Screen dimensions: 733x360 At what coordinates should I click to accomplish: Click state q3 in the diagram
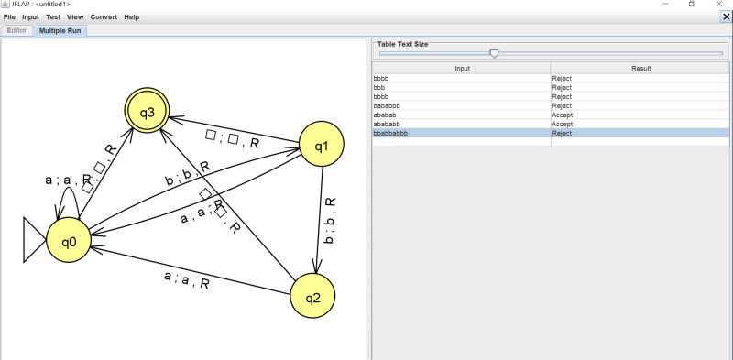(x=148, y=112)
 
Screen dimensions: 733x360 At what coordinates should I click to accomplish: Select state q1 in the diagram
(x=322, y=146)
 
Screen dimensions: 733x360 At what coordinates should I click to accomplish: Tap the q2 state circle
(x=312, y=296)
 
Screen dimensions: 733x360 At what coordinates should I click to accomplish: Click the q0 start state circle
(x=70, y=243)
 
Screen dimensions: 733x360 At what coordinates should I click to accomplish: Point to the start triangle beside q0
(x=34, y=243)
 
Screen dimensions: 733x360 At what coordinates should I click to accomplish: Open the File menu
(x=9, y=17)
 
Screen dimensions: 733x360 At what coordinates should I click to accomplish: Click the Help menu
(x=131, y=17)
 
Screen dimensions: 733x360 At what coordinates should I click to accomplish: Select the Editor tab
(x=17, y=30)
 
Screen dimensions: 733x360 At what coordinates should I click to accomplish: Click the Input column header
(x=461, y=69)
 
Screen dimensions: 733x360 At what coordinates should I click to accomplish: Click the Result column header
(x=640, y=69)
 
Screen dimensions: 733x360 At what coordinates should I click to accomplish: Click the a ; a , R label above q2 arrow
(x=186, y=281)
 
